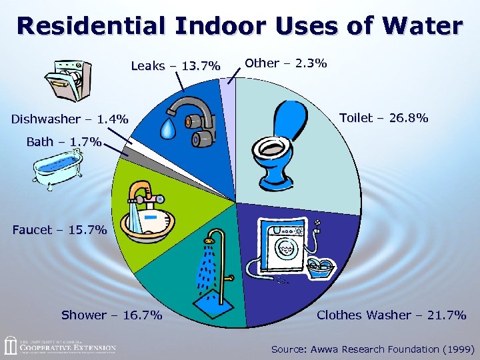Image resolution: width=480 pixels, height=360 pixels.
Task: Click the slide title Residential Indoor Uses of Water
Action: pyautogui.click(x=240, y=26)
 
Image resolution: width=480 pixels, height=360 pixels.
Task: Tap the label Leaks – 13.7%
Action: pyautogui.click(x=175, y=65)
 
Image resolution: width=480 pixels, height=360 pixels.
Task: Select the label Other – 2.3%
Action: pyautogui.click(x=285, y=63)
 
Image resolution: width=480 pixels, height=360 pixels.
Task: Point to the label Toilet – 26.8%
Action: pyautogui.click(x=383, y=118)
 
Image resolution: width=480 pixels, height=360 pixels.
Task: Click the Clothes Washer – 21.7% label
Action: pyautogui.click(x=391, y=315)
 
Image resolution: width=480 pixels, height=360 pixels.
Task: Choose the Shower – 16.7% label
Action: pyautogui.click(x=111, y=315)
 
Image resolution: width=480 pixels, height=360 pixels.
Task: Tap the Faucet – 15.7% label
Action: pyautogui.click(x=59, y=230)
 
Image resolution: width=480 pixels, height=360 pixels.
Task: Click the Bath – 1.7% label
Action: pyautogui.click(x=63, y=141)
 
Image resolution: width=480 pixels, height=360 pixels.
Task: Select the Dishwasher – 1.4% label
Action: pyautogui.click(x=70, y=119)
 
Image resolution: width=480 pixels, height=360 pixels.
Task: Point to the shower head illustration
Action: pyautogui.click(x=211, y=237)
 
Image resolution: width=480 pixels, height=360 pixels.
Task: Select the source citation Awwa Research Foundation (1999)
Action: pyautogui.click(x=373, y=349)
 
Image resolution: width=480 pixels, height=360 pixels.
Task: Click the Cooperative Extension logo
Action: pyautogui.click(x=60, y=347)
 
